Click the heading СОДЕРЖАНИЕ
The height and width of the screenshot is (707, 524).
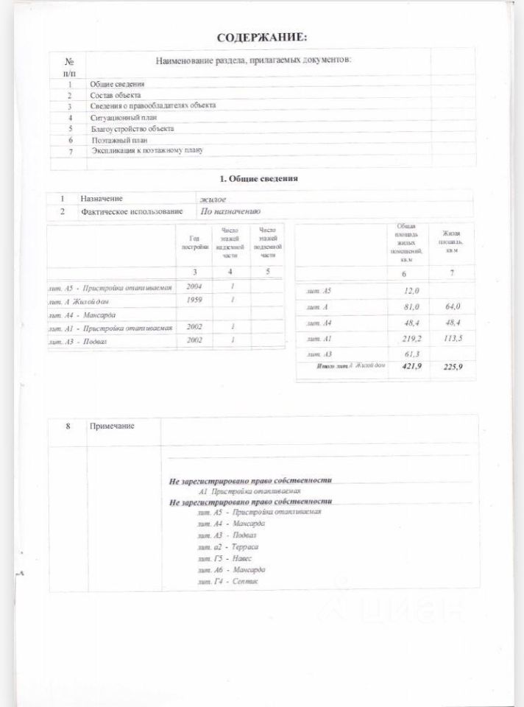click(262, 37)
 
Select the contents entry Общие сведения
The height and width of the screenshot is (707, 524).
click(117, 85)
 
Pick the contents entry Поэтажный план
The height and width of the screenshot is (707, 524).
click(118, 139)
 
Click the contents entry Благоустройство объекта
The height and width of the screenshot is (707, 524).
click(132, 128)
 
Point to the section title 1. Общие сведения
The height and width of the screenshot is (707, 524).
click(259, 178)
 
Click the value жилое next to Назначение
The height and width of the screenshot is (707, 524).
click(213, 199)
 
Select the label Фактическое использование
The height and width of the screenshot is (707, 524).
click(132, 211)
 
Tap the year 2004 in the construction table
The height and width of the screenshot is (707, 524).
click(194, 286)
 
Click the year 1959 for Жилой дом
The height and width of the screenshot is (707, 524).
click(194, 300)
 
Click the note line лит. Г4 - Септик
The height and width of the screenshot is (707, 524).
click(228, 582)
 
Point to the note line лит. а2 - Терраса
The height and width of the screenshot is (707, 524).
click(228, 546)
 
